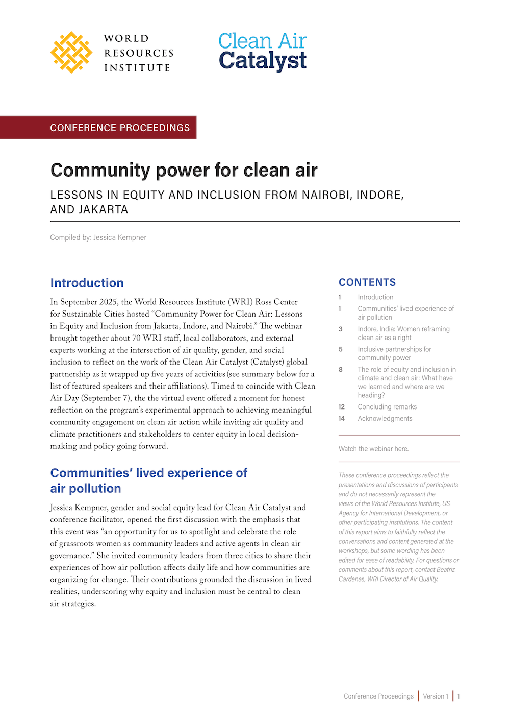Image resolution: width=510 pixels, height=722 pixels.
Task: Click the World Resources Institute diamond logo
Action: pyautogui.click(x=71, y=53)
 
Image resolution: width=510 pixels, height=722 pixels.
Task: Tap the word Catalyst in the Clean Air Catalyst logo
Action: pyautogui.click(x=263, y=61)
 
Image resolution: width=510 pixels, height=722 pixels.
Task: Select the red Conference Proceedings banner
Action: pyautogui.click(x=120, y=128)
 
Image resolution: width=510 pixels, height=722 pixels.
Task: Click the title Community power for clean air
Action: pyautogui.click(x=184, y=170)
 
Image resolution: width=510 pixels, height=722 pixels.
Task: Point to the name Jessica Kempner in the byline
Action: pyautogui.click(x=120, y=237)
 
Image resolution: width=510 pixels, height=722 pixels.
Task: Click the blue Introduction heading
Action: pyautogui.click(x=87, y=283)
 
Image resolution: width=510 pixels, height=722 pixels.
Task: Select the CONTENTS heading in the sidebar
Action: pyautogui.click(x=367, y=282)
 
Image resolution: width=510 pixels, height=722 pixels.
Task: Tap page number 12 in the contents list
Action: pyautogui.click(x=341, y=407)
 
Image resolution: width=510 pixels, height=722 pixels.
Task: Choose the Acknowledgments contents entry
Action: pyautogui.click(x=385, y=419)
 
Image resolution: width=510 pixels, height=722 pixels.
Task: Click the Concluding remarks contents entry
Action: pyautogui.click(x=387, y=407)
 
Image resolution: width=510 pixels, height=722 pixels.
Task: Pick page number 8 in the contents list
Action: pyautogui.click(x=341, y=370)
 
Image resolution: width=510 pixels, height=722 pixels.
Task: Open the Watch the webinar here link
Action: pyautogui.click(x=373, y=449)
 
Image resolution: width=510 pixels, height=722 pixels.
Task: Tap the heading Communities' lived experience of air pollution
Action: pyautogui.click(x=148, y=480)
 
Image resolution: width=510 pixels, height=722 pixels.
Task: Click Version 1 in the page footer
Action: pyautogui.click(x=436, y=696)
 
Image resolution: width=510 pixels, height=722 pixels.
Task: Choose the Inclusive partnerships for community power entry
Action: pyautogui.click(x=394, y=353)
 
